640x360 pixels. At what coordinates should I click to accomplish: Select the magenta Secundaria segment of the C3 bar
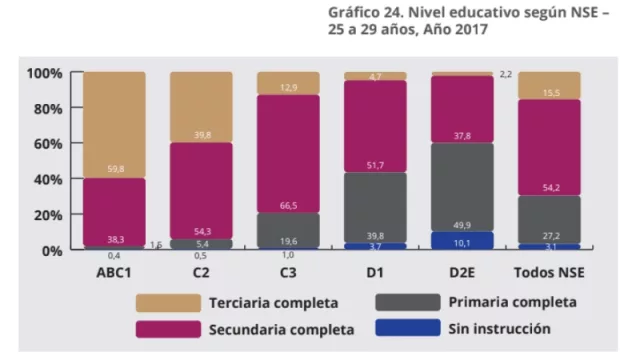[x=289, y=150]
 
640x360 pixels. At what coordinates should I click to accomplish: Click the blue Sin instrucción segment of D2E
[x=462, y=240]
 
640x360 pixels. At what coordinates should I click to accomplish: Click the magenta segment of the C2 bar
[x=201, y=185]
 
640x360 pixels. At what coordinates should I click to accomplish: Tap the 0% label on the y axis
[x=51, y=250]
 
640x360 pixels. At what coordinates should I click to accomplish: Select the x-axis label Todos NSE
[x=549, y=270]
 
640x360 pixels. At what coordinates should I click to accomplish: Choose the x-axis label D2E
[x=462, y=270]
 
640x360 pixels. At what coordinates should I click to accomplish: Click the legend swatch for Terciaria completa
[x=166, y=302]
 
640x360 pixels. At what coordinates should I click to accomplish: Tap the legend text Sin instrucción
[x=499, y=328]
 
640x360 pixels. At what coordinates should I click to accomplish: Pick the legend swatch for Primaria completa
[x=407, y=302]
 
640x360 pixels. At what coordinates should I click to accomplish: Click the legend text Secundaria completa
[x=281, y=328]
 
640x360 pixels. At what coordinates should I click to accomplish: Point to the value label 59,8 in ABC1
[x=114, y=169]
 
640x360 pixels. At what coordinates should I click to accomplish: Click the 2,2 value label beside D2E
[x=506, y=74]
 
